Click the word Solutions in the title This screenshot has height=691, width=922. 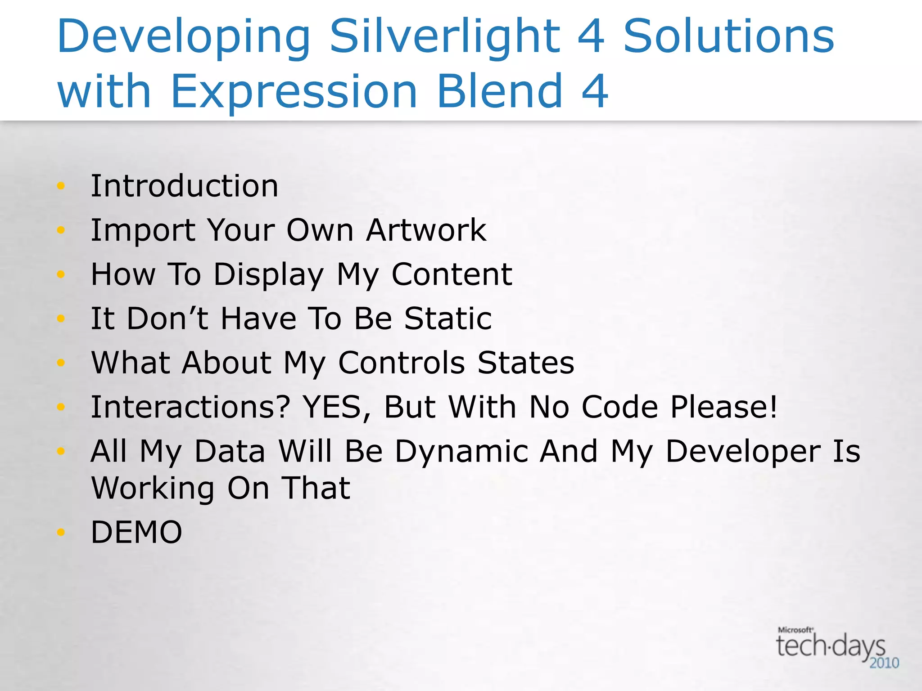[729, 37]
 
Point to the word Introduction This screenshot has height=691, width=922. [185, 186]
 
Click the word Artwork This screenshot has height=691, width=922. [426, 230]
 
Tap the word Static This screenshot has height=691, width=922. [448, 319]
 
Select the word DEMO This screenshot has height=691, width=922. [136, 532]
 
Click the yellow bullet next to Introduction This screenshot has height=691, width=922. [61, 186]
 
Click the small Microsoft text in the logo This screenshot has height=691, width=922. [795, 630]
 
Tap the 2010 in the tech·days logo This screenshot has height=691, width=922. [884, 663]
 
